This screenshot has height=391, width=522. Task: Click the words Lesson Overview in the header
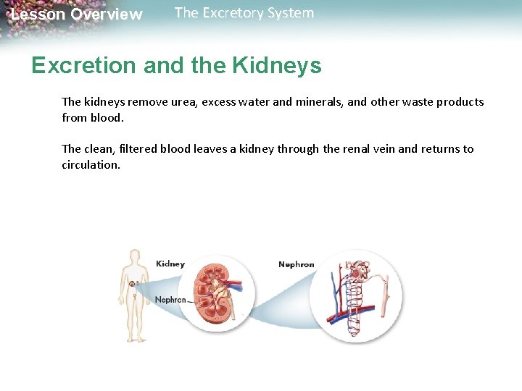click(x=76, y=14)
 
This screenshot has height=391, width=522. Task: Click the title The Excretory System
click(x=244, y=13)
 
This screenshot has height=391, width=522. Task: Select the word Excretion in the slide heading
click(x=83, y=66)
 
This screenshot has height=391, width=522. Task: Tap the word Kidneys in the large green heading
click(x=276, y=66)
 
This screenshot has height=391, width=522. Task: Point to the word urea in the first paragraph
click(x=184, y=102)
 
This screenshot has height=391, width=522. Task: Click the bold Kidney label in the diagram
click(x=170, y=264)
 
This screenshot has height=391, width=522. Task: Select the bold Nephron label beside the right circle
click(x=296, y=264)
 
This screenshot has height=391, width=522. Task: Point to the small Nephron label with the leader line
click(x=170, y=300)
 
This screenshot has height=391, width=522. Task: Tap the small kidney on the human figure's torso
click(x=131, y=285)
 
